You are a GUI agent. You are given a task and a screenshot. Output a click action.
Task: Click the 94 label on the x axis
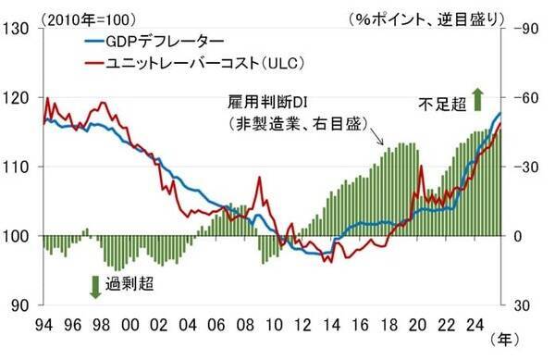pyautogui.click(x=43, y=325)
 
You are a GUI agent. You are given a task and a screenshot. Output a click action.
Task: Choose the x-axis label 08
pyautogui.click(x=245, y=325)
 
